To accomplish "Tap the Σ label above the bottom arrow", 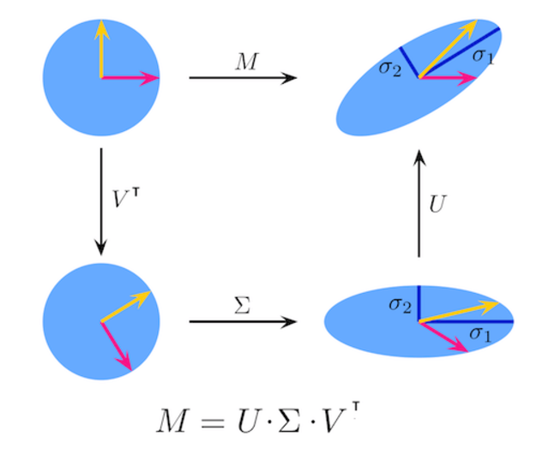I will click(x=243, y=304).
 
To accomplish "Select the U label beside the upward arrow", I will click(x=437, y=206).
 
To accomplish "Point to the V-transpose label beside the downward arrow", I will click(x=126, y=198).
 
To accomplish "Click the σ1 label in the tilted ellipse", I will click(x=483, y=57).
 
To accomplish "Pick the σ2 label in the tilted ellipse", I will click(x=390, y=68).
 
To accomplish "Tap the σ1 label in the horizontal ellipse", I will click(x=480, y=333).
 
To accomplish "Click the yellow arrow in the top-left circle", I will click(x=101, y=47).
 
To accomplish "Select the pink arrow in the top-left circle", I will click(x=130, y=78).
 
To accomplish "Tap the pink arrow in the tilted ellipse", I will click(x=447, y=78).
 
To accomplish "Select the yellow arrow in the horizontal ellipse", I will click(x=459, y=311).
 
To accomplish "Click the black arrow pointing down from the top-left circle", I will click(x=101, y=201).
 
